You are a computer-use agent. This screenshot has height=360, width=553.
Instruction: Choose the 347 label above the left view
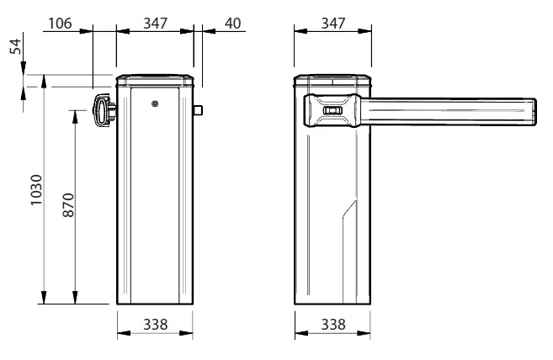coord(156,23)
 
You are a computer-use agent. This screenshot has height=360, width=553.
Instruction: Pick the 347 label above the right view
coord(332,23)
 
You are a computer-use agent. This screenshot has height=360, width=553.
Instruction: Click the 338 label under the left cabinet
coord(155,325)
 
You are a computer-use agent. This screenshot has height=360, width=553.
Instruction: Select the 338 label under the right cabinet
coord(332,325)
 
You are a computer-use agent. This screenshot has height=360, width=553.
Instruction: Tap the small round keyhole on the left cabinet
coord(155,104)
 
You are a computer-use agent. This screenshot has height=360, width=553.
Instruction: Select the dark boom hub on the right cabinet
coord(332,110)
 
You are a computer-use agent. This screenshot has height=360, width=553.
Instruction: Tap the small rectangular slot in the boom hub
coord(333,110)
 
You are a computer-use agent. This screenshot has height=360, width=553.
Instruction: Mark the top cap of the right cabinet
coord(332,82)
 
